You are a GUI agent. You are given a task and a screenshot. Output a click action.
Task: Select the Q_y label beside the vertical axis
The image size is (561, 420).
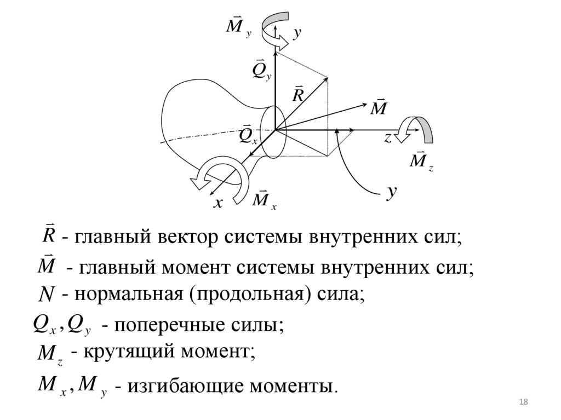tap(261, 70)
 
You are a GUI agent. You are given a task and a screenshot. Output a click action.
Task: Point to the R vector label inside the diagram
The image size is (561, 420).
tap(298, 94)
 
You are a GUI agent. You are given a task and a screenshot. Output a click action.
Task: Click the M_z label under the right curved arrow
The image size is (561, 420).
tap(421, 161)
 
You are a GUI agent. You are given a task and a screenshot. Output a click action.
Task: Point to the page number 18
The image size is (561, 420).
tap(523, 403)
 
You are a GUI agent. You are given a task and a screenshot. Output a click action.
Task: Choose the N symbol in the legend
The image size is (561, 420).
tap(47, 296)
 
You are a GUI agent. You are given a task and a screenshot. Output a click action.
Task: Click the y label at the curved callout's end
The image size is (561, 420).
tap(392, 193)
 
